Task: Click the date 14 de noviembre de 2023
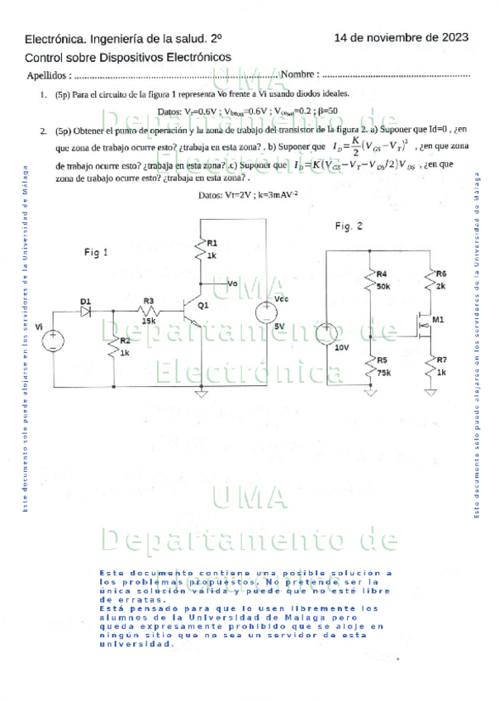(402, 37)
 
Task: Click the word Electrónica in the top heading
(56, 38)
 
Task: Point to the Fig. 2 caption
(349, 227)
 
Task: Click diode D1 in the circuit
(84, 312)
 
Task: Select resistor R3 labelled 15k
(149, 312)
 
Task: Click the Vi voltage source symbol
(51, 337)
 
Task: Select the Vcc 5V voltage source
(269, 312)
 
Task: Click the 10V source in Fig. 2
(327, 335)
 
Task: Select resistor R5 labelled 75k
(369, 365)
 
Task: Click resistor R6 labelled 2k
(430, 279)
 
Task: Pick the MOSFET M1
(427, 325)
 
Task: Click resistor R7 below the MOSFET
(430, 365)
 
